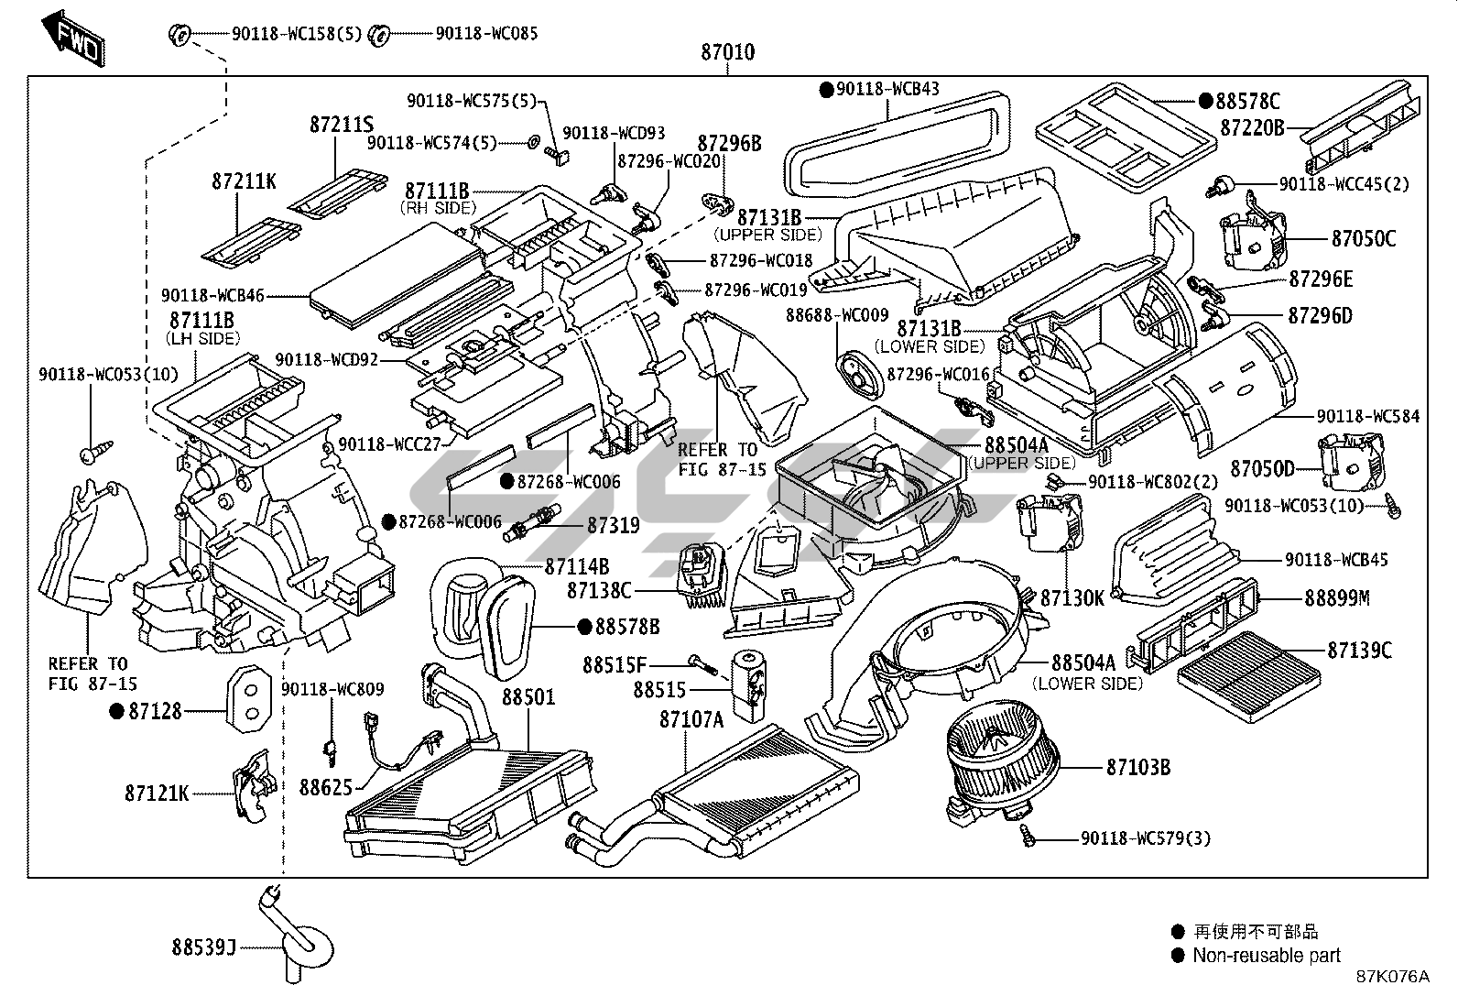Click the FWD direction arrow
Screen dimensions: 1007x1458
pos(72,36)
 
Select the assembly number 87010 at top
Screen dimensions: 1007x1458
pos(728,52)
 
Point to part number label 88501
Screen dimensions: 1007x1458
pos(528,697)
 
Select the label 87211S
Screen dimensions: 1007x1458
pos(342,126)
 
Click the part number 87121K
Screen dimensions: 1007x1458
pos(157,793)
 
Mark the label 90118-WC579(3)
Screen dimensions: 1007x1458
pos(1145,837)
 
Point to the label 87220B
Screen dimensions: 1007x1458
pos(1252,127)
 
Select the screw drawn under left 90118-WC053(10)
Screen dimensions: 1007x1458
pos(96,450)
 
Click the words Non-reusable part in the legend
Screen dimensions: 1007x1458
pos(1266,956)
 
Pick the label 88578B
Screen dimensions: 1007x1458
pos(627,627)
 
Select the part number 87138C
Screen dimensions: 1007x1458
pos(599,592)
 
